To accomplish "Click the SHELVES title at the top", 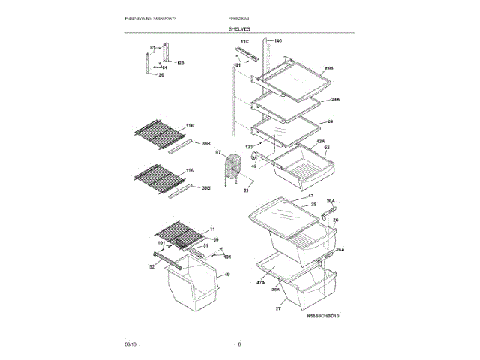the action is click(x=240, y=28).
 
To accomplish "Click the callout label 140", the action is click(x=277, y=40).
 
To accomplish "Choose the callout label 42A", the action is click(x=320, y=141).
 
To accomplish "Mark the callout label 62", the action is click(x=327, y=148).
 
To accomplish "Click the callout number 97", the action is click(x=219, y=153).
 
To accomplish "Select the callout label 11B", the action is click(x=190, y=125).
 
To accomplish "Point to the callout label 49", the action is click(x=227, y=275).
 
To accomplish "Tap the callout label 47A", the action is click(x=260, y=282).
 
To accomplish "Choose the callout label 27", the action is click(x=277, y=307).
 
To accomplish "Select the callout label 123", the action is click(x=250, y=148).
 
